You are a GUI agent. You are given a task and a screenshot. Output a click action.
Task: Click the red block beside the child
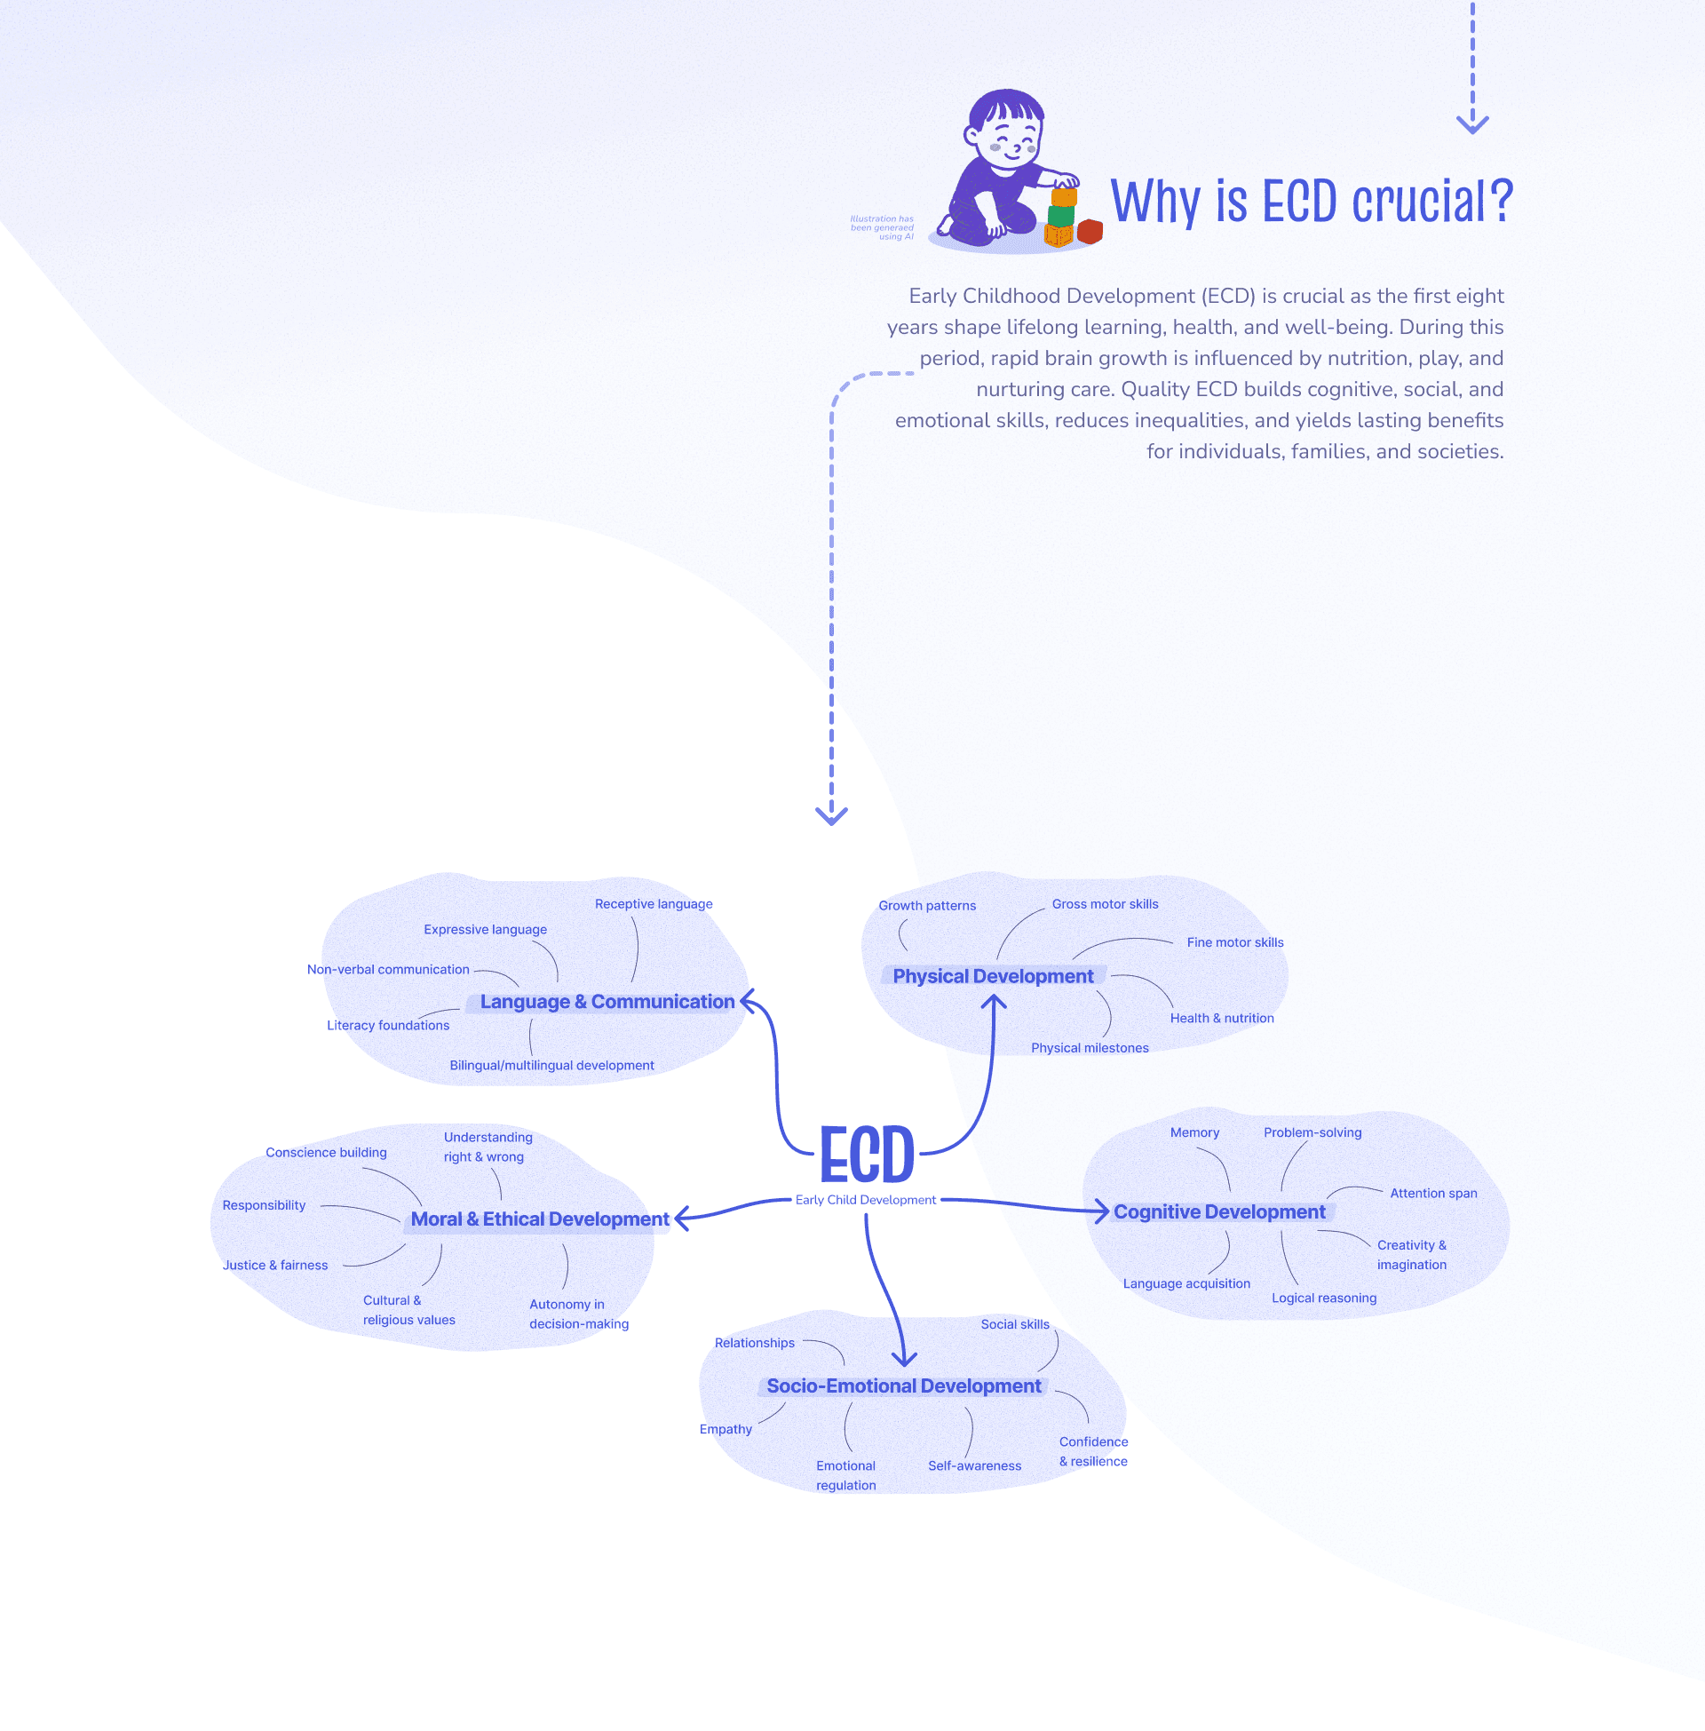[1089, 231]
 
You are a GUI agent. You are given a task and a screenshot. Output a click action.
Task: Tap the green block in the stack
[1061, 216]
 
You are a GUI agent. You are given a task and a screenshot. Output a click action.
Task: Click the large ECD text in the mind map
[867, 1155]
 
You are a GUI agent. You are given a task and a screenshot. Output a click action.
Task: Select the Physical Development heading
[992, 976]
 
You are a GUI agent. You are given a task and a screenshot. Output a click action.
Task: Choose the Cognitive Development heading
[1218, 1211]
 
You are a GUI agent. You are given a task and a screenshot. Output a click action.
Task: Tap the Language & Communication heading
[607, 1001]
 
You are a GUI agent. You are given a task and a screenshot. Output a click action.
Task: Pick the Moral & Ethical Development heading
[539, 1219]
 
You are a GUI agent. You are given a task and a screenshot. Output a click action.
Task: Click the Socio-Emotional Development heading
[903, 1386]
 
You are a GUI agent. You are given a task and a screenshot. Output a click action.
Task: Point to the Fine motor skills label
[1235, 942]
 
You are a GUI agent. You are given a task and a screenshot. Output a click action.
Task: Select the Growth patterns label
[927, 905]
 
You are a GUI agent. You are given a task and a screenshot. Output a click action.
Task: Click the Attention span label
[1432, 1193]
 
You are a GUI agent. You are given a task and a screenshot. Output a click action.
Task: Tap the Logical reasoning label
[1323, 1298]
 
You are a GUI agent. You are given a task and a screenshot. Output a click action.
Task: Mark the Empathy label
[726, 1428]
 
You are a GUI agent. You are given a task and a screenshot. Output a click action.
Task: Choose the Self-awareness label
[974, 1465]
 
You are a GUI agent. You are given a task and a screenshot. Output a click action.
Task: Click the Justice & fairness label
[275, 1265]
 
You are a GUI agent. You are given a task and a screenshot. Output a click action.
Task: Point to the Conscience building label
[326, 1152]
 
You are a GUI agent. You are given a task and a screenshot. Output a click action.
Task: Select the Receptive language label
[654, 903]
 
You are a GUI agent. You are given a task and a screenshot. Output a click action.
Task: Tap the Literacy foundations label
[388, 1025]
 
